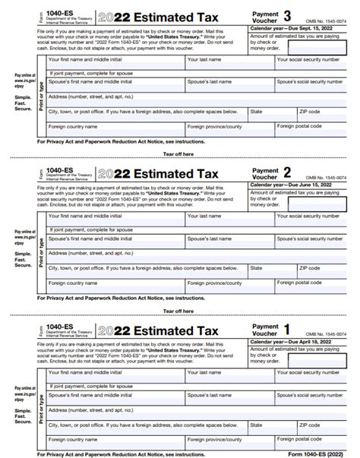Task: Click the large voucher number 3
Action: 287,14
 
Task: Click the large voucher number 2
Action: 287,172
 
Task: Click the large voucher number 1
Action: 287,330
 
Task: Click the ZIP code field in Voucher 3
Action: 323,115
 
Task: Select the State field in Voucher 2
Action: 271,272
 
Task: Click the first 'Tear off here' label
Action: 178,153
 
